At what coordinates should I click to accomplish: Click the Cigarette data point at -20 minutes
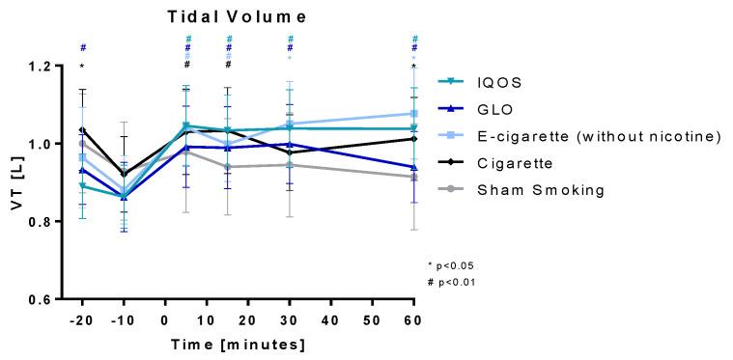[83, 130]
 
